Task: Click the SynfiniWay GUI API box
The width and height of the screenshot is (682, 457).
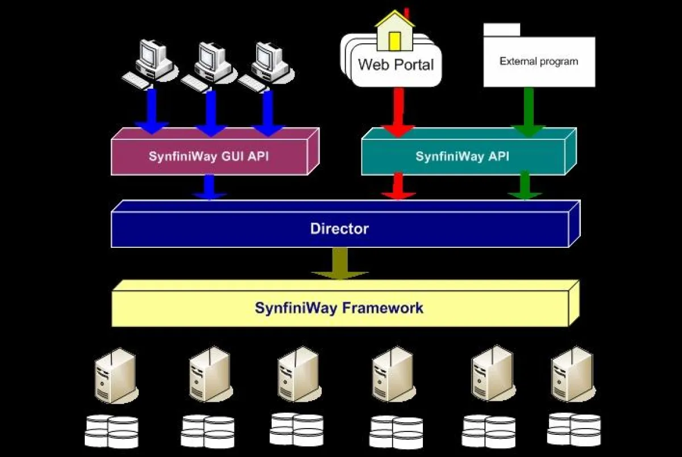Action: [x=209, y=156]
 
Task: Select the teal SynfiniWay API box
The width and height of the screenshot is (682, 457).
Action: [x=463, y=156]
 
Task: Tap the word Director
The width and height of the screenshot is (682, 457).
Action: [x=339, y=229]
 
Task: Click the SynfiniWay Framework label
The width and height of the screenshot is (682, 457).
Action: [x=339, y=308]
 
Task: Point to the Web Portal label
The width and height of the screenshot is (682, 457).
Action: [x=396, y=64]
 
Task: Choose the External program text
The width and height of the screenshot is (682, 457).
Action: [x=538, y=61]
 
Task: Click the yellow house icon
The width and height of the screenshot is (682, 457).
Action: [x=395, y=31]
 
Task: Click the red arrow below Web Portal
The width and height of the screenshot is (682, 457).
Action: [x=398, y=111]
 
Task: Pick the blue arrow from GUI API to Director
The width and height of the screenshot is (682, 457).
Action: [x=209, y=186]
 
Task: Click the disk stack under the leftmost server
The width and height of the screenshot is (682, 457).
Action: [x=111, y=431]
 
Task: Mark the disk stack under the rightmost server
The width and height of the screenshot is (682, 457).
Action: [x=573, y=429]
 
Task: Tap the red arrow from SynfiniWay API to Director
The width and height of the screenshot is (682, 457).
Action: [x=398, y=186]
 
